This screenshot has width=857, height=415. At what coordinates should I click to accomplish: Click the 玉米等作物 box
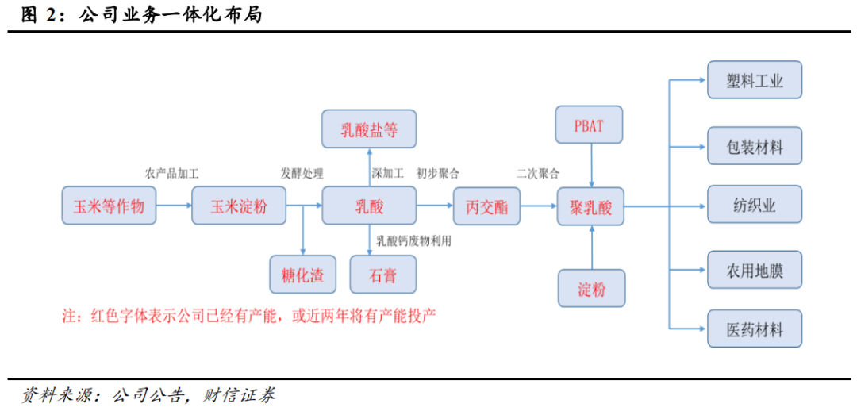(109, 206)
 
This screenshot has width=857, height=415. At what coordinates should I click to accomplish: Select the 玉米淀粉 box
(239, 206)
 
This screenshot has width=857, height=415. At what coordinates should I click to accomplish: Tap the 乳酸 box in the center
(369, 206)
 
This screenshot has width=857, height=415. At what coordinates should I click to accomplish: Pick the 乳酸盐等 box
(369, 129)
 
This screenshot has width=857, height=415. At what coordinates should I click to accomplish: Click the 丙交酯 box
(487, 206)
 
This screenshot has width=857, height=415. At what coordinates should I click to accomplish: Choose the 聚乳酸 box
(591, 206)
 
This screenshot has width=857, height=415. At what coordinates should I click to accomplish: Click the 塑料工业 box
(755, 80)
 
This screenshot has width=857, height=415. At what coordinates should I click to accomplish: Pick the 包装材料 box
(755, 146)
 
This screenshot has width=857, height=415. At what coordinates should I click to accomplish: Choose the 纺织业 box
(755, 205)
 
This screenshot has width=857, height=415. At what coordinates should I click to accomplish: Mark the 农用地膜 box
(755, 270)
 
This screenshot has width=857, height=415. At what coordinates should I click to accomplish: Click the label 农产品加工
(171, 174)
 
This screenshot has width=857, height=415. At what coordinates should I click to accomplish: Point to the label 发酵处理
(302, 174)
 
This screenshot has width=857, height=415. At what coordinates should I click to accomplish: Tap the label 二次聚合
(538, 174)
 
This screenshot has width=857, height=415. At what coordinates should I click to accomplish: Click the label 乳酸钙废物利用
(413, 240)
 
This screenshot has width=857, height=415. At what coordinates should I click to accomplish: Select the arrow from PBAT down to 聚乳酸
(591, 165)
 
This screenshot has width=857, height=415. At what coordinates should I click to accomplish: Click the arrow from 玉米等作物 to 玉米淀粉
(174, 206)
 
